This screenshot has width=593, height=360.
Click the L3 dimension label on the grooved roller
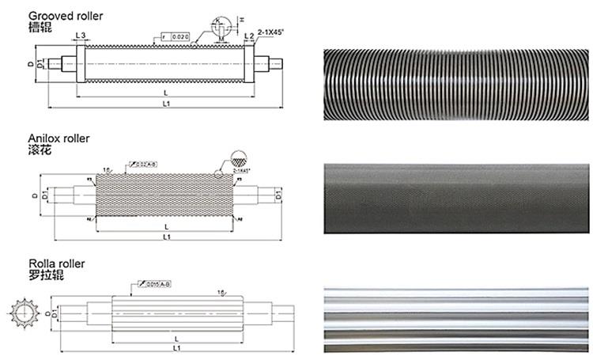click(81, 36)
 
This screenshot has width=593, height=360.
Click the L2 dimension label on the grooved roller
click(249, 36)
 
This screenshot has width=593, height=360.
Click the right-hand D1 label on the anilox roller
click(279, 192)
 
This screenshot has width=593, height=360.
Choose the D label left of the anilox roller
click(36, 195)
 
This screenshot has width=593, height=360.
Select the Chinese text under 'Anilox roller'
click(40, 150)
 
